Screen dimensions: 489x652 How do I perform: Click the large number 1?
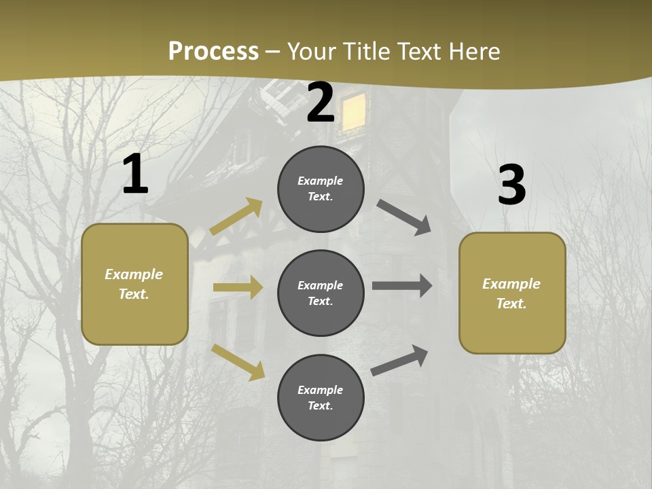click(x=135, y=175)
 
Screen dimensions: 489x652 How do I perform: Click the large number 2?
click(x=321, y=103)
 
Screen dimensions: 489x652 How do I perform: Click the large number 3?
click(x=511, y=185)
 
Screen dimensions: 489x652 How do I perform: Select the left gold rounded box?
click(x=134, y=284)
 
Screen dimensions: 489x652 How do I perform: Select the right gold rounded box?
click(x=512, y=293)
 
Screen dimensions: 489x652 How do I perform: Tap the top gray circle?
click(x=321, y=189)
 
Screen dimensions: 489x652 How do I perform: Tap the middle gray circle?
click(x=321, y=293)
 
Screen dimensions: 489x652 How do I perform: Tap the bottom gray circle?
click(x=321, y=397)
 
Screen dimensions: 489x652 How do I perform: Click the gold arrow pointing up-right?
click(x=236, y=216)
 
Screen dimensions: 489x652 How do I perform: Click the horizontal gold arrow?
click(x=238, y=287)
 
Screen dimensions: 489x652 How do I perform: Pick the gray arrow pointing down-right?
click(x=404, y=217)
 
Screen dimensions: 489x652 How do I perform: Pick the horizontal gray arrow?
click(x=402, y=286)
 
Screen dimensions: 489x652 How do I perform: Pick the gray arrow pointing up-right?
click(x=400, y=361)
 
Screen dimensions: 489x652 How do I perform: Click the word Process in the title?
click(x=213, y=51)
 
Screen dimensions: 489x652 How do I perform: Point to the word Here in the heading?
click(x=474, y=51)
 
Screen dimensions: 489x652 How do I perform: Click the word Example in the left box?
click(x=134, y=274)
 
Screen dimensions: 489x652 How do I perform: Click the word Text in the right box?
click(x=511, y=304)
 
